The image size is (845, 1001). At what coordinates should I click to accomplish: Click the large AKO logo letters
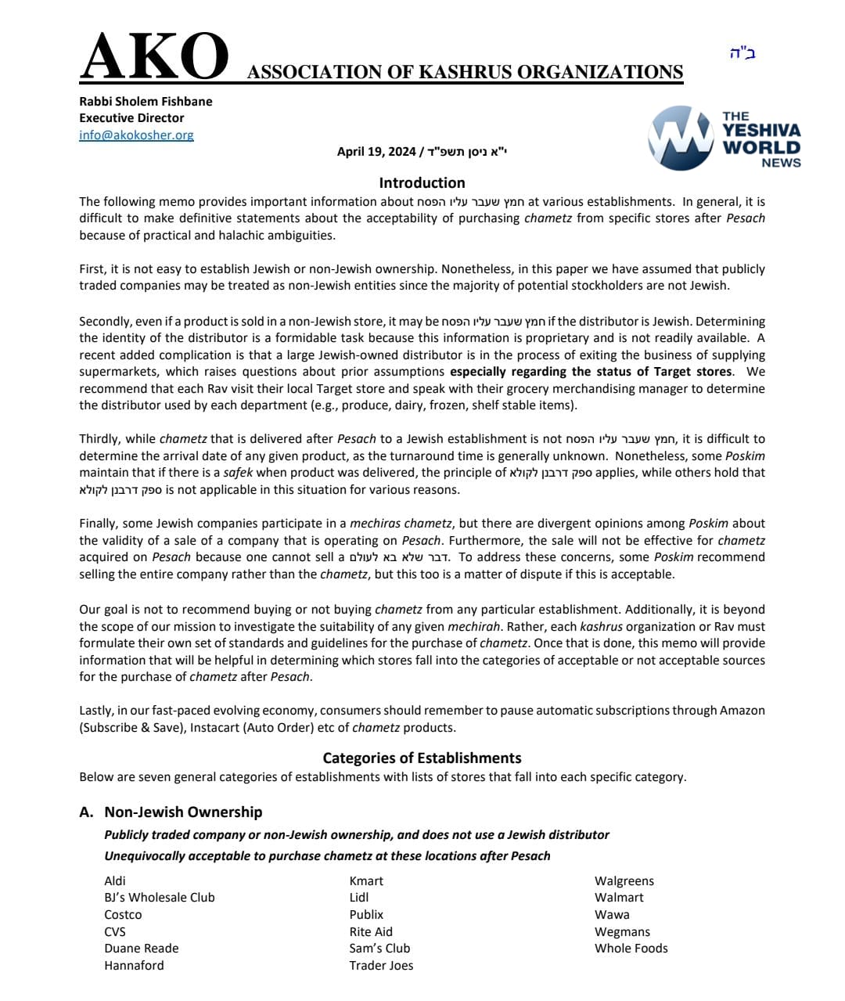click(154, 57)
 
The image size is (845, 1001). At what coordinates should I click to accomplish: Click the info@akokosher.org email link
click(136, 135)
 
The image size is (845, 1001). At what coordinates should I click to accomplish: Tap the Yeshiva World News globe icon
click(680, 139)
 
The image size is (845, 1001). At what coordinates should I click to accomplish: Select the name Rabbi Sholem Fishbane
click(146, 101)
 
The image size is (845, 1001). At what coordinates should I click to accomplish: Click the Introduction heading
click(422, 182)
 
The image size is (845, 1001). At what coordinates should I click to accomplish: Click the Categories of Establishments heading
click(422, 758)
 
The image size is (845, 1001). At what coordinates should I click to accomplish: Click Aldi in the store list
click(115, 880)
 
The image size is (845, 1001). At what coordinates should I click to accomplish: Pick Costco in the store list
click(123, 914)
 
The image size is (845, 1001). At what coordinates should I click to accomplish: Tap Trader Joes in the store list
click(381, 965)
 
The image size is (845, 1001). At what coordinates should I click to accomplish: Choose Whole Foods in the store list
click(631, 948)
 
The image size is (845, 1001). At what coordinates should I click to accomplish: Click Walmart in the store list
click(619, 897)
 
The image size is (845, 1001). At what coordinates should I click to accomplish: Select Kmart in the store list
click(366, 880)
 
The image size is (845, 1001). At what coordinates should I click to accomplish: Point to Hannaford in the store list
click(134, 965)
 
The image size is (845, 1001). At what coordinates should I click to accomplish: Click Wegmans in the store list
click(622, 931)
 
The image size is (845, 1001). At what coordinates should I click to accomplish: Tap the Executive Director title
click(131, 117)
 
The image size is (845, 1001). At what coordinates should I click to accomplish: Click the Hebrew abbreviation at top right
click(742, 53)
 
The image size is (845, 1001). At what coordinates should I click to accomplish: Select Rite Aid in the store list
click(371, 931)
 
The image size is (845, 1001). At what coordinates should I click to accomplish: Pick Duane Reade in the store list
click(141, 948)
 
